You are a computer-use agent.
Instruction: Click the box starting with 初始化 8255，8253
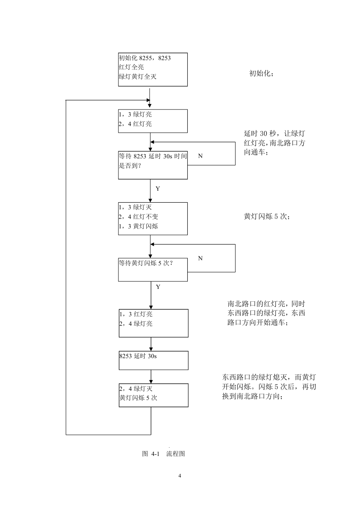point(153,70)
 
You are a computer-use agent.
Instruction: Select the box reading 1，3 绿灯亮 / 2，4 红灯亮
point(153,121)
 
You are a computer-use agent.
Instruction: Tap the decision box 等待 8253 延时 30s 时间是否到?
point(153,165)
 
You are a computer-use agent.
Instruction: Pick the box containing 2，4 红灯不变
point(153,218)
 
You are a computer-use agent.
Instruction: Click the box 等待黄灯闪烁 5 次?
point(153,270)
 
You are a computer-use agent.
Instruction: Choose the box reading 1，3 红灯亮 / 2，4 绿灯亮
point(154,323)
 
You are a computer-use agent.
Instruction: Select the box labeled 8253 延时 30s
point(154,361)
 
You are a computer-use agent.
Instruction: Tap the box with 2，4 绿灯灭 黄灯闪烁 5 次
point(154,395)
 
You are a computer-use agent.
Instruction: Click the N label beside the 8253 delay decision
point(200,156)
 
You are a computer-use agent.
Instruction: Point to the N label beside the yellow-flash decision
point(200,258)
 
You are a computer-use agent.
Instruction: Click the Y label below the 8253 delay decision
point(158,189)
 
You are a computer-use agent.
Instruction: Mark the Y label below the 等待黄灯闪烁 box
point(158,287)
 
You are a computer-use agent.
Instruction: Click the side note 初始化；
point(261,73)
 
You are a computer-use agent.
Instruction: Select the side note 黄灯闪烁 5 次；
point(267,216)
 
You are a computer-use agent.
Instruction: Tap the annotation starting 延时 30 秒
point(274,143)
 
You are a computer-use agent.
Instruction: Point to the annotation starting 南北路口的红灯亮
point(266,313)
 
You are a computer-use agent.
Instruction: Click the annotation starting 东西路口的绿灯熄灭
point(269,387)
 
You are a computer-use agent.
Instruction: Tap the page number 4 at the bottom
point(180,475)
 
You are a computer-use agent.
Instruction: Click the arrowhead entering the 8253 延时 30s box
point(151,349)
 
